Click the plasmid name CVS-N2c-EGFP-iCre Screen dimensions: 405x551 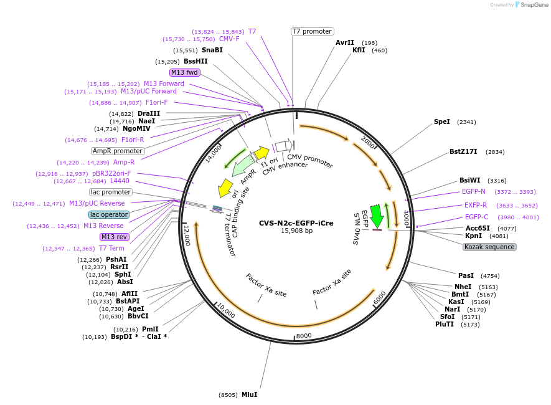pyautogui.click(x=296, y=223)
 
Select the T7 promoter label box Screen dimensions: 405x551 pyautogui.click(x=312, y=31)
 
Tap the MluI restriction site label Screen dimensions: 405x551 pyautogui.click(x=249, y=394)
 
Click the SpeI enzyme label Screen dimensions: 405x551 pyautogui.click(x=441, y=121)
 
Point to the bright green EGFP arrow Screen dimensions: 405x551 pyautogui.click(x=376, y=216)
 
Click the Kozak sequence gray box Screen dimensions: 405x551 pyautogui.click(x=489, y=247)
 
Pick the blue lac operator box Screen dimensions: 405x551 pyautogui.click(x=109, y=214)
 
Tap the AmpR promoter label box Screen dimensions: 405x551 pyautogui.click(x=118, y=151)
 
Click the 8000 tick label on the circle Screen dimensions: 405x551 pyautogui.click(x=304, y=336)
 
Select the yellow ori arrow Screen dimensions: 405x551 pyautogui.click(x=224, y=188)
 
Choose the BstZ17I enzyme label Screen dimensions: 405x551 pyautogui.click(x=463, y=151)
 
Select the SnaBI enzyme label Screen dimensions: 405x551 pyautogui.click(x=212, y=50)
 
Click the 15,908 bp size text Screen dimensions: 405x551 pyautogui.click(x=296, y=231)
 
